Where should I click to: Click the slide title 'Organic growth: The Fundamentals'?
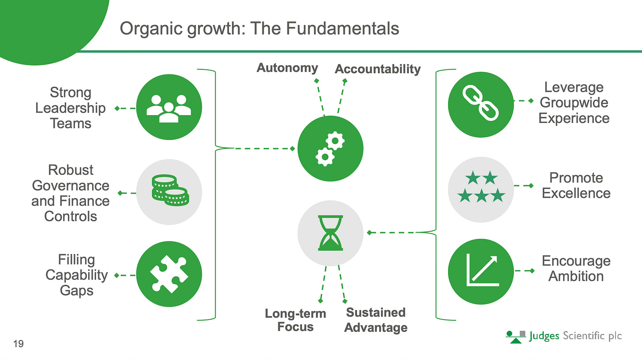pos(259,29)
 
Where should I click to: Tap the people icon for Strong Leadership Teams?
pos(169,108)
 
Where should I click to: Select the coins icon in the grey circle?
pos(169,191)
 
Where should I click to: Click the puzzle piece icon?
pos(169,274)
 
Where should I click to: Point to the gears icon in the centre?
pos(330,148)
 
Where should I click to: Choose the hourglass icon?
pos(330,232)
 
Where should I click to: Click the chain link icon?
pos(481,102)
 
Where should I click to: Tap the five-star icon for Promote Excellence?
pos(481,187)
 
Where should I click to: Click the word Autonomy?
pos(287,68)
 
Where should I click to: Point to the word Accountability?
pos(378,69)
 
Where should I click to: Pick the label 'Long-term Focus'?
pos(295,320)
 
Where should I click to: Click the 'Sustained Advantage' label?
pos(376,320)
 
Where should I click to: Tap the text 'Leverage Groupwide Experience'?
pos(574,103)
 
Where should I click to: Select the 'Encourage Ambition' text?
pos(576,268)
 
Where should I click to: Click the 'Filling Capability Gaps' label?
pos(76,275)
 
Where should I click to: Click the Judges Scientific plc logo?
pos(564,336)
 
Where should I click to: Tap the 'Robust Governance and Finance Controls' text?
pos(71,193)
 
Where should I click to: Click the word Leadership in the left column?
pos(71,108)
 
